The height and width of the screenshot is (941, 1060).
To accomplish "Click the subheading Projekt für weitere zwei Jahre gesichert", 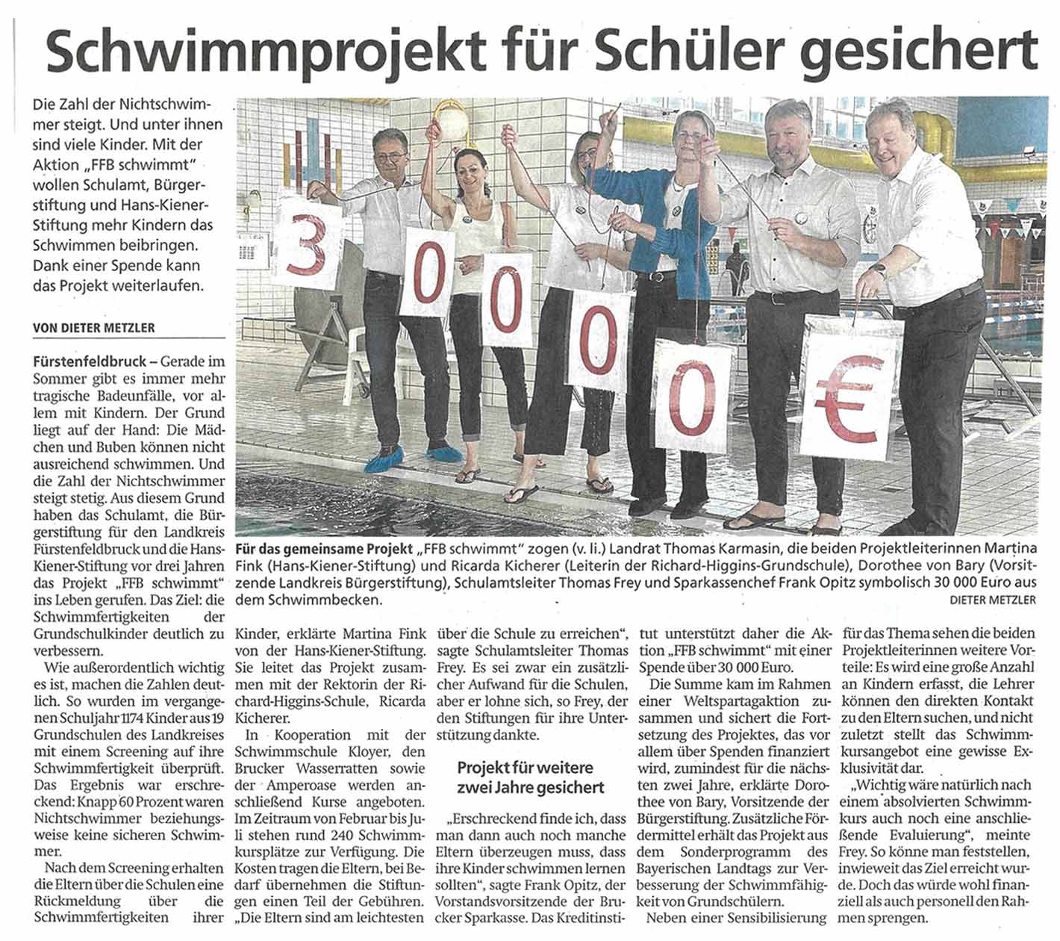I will point(530,777).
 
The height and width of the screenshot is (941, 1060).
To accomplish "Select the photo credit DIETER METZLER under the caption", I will point(994,600).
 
